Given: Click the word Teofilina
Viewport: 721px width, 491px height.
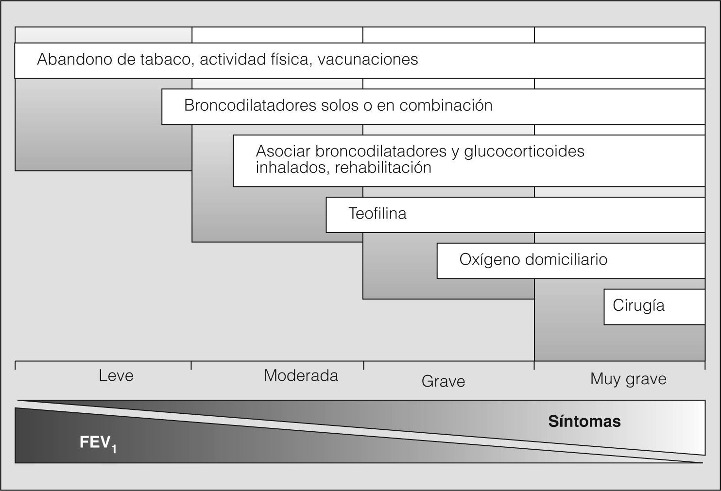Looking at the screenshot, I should [378, 214].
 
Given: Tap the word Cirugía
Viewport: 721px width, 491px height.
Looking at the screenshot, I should [638, 306].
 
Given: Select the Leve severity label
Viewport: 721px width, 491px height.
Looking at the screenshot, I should [116, 375].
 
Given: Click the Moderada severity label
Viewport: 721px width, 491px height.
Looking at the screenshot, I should [301, 375].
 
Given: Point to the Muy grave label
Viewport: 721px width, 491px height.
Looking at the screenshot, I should [628, 379].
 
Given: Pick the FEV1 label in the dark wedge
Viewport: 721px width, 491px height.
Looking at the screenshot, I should [98, 443].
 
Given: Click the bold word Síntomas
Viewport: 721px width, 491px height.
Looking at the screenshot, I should [584, 421].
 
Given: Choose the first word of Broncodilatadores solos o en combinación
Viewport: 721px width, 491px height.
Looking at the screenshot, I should [250, 105].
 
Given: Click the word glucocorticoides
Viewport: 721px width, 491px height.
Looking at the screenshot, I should [524, 151].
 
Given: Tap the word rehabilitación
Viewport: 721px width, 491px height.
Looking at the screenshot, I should [383, 168].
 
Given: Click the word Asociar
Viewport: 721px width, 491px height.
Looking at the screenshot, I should [283, 151].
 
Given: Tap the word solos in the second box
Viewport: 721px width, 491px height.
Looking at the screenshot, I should [339, 105].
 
